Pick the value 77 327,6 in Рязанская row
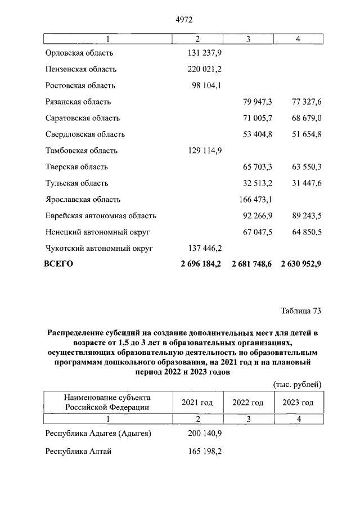click(x=303, y=102)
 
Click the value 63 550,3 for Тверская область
click(x=303, y=167)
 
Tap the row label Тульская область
click(x=76, y=183)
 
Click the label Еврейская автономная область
click(x=100, y=216)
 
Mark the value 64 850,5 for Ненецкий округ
click(x=303, y=232)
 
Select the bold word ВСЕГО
click(x=58, y=263)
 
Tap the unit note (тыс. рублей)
click(x=297, y=385)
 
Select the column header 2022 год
click(x=248, y=403)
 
